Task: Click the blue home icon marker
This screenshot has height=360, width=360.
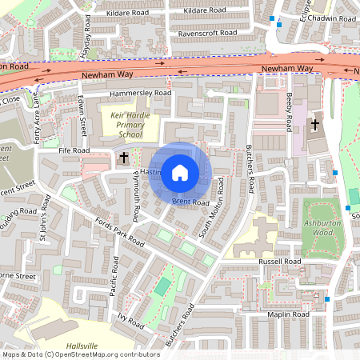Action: pyautogui.click(x=180, y=173)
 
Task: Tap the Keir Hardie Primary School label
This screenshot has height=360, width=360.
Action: pyautogui.click(x=126, y=125)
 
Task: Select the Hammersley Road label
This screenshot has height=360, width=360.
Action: pyautogui.click(x=142, y=94)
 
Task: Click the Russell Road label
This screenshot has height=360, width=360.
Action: pyautogui.click(x=279, y=262)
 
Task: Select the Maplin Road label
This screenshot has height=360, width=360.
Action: pyautogui.click(x=288, y=315)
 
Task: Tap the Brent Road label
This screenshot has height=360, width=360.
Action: pyautogui.click(x=190, y=203)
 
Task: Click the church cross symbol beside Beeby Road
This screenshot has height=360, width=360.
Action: pyautogui.click(x=315, y=125)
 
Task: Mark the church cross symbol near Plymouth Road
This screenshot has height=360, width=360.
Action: pyautogui.click(x=124, y=159)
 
